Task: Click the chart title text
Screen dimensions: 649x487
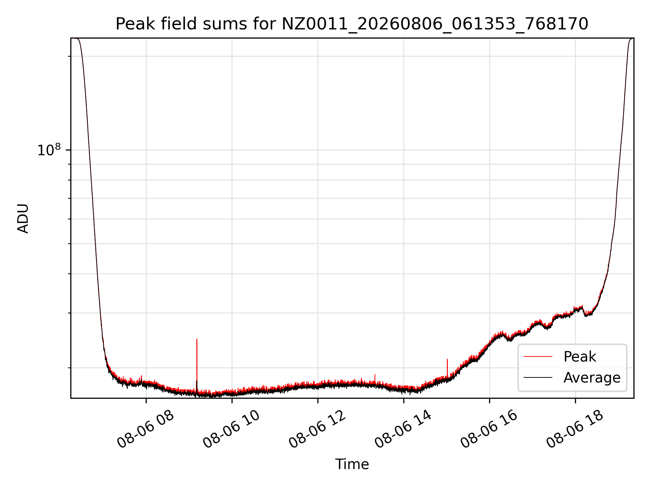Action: point(352,24)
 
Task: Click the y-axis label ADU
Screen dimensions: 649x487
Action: point(23,218)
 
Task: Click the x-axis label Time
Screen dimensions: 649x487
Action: point(352,464)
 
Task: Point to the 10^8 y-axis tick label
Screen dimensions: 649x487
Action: point(49,150)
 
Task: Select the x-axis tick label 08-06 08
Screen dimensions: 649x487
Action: point(145,429)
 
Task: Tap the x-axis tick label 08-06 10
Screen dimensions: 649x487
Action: point(231,429)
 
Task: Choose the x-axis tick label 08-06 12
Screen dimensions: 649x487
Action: point(317,429)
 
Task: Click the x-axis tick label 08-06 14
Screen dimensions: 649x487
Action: point(403,429)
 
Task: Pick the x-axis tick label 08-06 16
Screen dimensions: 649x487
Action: point(489,429)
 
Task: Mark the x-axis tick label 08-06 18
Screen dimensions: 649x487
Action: point(575,429)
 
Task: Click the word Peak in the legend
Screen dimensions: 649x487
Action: point(580,357)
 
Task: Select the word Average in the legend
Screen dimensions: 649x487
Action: point(592,378)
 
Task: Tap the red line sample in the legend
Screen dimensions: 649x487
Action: point(538,356)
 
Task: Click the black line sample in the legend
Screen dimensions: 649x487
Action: point(538,377)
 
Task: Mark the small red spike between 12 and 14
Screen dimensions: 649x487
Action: point(375,378)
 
